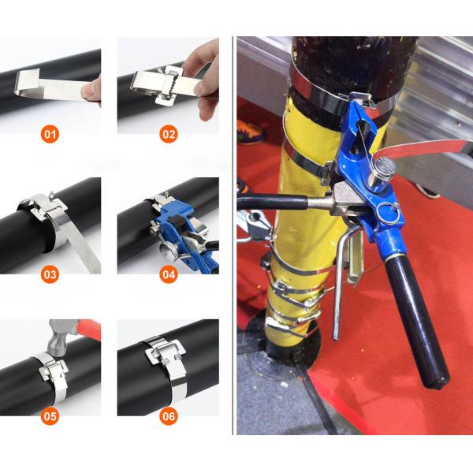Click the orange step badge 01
click(x=50, y=134)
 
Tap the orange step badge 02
click(x=169, y=134)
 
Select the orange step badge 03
click(x=50, y=274)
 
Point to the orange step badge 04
click(x=169, y=274)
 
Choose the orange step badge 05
click(x=50, y=416)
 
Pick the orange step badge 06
click(x=169, y=416)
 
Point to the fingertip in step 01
click(x=91, y=90)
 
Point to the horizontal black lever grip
click(x=272, y=202)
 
